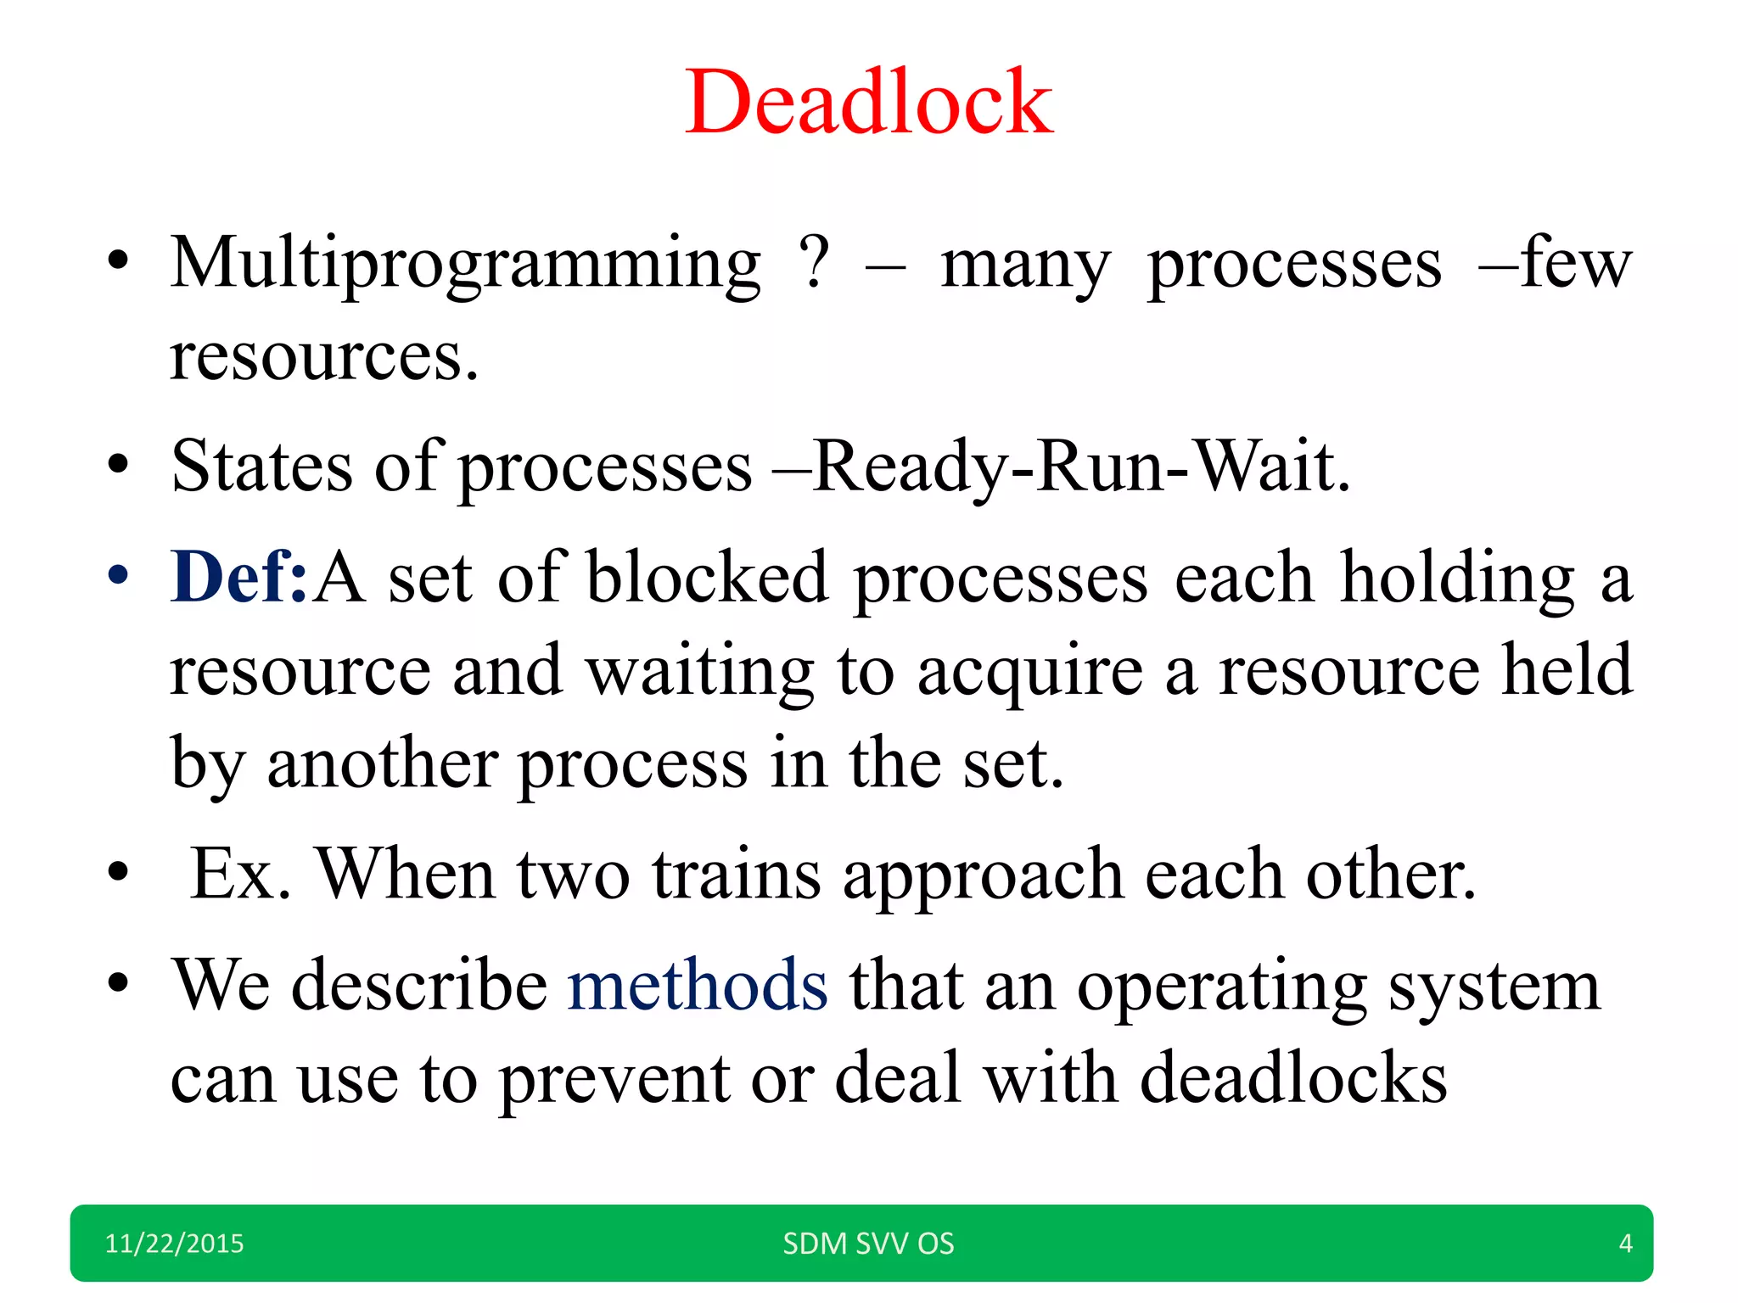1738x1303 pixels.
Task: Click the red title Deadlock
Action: click(868, 103)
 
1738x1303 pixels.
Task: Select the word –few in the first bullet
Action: click(1555, 263)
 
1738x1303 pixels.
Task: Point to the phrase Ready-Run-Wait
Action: click(1079, 467)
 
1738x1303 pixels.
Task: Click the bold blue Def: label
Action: click(238, 578)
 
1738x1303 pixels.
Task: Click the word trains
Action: click(736, 874)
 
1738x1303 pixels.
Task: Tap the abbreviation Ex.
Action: click(240, 874)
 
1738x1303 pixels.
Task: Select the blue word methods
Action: click(697, 986)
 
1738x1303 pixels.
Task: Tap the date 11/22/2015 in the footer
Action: click(174, 1244)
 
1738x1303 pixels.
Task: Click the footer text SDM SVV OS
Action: click(868, 1244)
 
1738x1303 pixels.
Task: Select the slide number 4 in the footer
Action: click(1625, 1244)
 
